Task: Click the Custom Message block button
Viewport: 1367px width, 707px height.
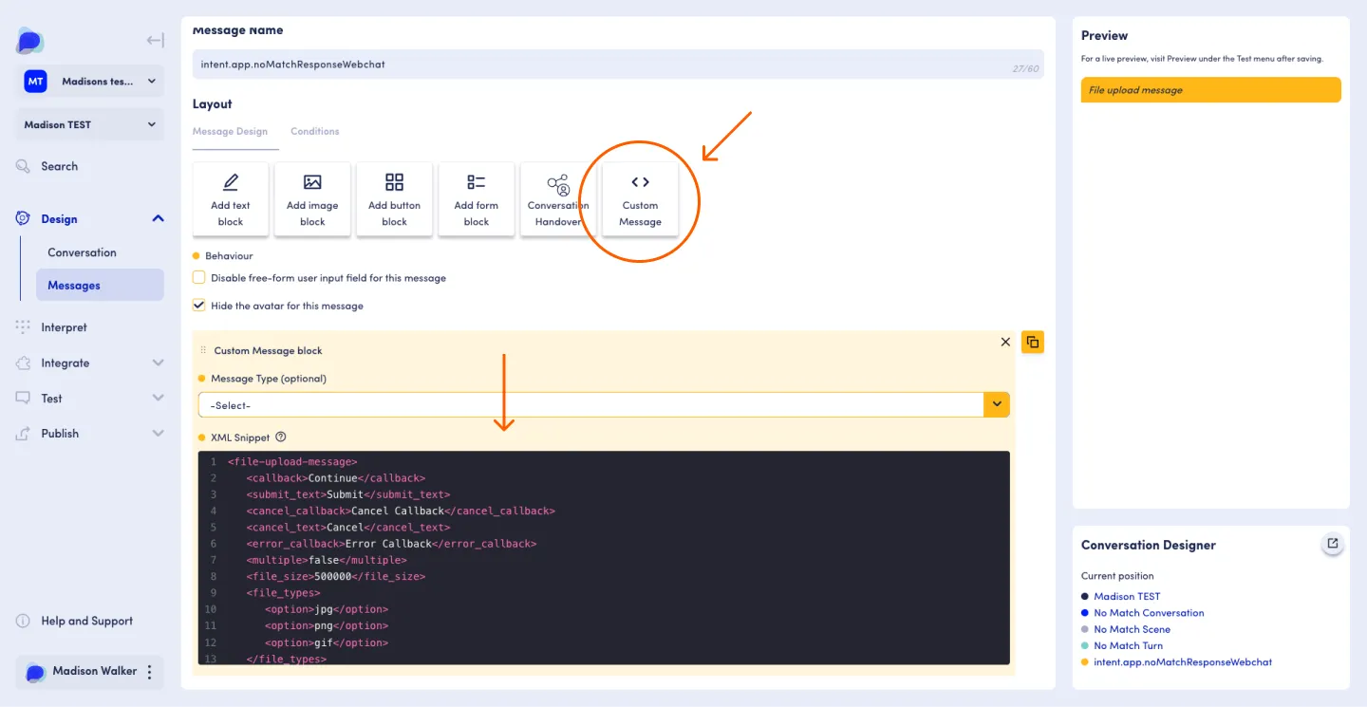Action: click(x=640, y=199)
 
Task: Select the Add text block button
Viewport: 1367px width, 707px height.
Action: click(x=230, y=199)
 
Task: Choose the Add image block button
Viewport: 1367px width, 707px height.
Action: click(x=311, y=199)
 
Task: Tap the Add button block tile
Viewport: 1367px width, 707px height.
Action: click(x=394, y=199)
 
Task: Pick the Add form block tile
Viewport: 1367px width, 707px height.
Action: click(x=476, y=199)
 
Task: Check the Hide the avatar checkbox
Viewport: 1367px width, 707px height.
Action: click(x=199, y=305)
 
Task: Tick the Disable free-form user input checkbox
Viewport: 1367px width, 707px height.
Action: click(x=199, y=277)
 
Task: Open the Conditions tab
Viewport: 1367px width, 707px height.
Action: click(x=315, y=131)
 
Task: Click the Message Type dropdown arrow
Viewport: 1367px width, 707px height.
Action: click(x=997, y=404)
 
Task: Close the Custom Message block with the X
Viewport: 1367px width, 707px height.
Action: click(x=1005, y=343)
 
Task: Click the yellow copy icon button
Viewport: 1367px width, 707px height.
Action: click(x=1033, y=343)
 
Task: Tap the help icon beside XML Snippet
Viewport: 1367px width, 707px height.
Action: click(x=281, y=437)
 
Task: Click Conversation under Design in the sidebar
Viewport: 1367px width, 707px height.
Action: click(x=82, y=251)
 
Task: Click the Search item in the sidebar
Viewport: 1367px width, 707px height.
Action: click(x=59, y=166)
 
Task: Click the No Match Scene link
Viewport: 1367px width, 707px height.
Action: click(x=1132, y=629)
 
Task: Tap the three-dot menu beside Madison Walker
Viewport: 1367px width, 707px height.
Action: click(x=150, y=672)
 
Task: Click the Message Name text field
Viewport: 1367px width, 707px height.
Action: click(x=618, y=65)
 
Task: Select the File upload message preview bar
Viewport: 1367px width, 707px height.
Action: click(x=1210, y=89)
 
